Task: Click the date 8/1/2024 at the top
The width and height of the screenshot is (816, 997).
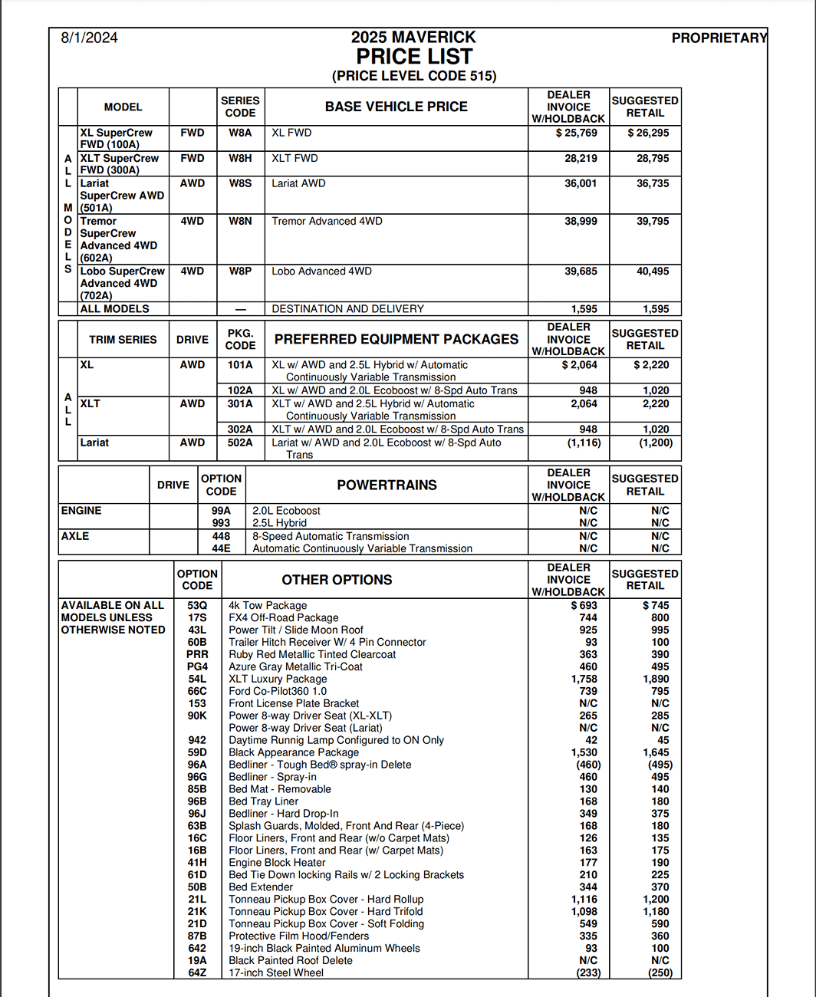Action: tap(89, 38)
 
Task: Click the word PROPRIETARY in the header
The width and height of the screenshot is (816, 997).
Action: tap(719, 38)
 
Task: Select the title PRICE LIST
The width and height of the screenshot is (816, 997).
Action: tap(414, 57)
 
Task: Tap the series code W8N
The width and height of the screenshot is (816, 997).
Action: tap(240, 221)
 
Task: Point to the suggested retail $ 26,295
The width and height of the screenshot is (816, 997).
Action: tap(648, 133)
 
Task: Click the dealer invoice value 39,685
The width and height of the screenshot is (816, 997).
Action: tap(581, 271)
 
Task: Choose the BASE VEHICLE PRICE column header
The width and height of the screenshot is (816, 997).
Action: tap(396, 107)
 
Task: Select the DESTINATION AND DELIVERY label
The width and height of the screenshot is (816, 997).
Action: tap(347, 308)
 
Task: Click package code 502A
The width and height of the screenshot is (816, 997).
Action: tap(240, 443)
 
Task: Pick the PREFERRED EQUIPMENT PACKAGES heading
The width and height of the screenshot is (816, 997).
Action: tap(396, 339)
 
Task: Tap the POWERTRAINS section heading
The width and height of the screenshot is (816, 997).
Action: tap(387, 485)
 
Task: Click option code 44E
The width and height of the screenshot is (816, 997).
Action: tap(221, 548)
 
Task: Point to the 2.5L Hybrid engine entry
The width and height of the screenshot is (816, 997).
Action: tap(279, 523)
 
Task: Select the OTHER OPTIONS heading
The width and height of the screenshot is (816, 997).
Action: tap(337, 580)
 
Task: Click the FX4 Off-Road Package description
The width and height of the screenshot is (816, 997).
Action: tap(283, 617)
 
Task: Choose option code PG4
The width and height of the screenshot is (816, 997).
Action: tap(197, 666)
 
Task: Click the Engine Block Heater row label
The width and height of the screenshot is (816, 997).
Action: tap(277, 862)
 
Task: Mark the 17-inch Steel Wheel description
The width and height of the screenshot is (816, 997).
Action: tap(275, 972)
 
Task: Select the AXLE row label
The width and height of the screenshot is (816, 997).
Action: tap(75, 536)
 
